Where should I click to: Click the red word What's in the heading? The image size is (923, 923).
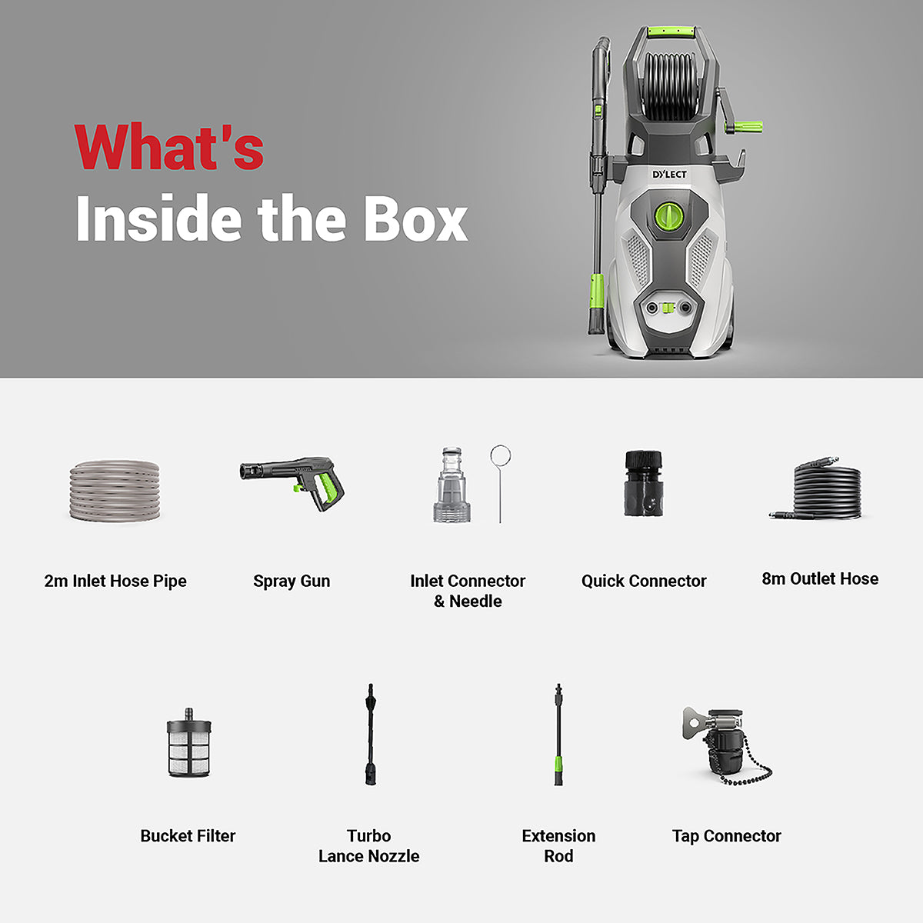coord(169,147)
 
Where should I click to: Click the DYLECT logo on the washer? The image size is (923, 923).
coord(669,175)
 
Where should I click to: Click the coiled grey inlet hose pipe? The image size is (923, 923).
coord(115,490)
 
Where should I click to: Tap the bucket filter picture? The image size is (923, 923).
coord(188,742)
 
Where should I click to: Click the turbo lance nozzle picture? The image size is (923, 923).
coord(371,735)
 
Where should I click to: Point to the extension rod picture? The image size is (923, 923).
coord(558,735)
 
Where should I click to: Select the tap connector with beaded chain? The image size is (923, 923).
coord(723,744)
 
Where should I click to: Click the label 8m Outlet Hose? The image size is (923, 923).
coord(820,578)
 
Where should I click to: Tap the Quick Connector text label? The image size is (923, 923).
coord(644,581)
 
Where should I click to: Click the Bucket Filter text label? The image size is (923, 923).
coord(188,835)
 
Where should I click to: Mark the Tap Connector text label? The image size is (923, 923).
coord(726,835)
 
